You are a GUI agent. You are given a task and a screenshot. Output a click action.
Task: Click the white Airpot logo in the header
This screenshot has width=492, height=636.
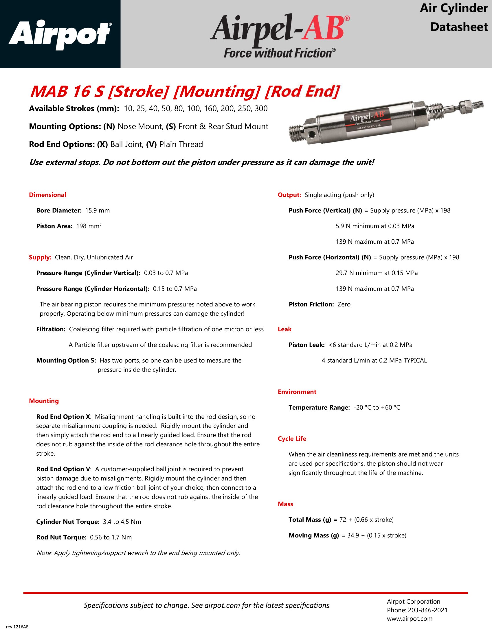coord(60,34)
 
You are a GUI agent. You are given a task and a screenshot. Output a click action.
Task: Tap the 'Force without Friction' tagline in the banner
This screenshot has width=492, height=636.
coord(280,53)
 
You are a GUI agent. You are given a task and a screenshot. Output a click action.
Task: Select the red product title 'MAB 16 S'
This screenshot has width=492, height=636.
coord(67,91)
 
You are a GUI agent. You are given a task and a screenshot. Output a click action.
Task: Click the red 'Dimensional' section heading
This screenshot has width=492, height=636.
coord(47,195)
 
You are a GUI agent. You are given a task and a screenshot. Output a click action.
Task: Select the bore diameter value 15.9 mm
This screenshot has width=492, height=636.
coord(97,210)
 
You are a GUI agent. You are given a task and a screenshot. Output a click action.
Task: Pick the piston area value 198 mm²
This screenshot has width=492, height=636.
coord(89,226)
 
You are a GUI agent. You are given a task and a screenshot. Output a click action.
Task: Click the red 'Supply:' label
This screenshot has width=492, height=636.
coord(40,257)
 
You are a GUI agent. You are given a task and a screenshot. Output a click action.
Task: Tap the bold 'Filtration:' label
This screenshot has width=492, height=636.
coord(51,329)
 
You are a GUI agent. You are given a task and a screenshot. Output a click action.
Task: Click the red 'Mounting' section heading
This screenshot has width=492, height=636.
coord(44,401)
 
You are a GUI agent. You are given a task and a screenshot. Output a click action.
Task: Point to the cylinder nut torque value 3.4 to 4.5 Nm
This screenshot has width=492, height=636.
coord(122,522)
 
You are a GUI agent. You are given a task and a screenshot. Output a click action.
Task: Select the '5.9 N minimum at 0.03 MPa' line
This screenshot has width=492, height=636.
coord(375,226)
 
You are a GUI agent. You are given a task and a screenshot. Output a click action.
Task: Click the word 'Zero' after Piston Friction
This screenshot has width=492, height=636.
coord(344,304)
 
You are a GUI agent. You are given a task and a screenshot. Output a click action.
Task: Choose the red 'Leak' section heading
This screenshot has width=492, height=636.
coord(284,329)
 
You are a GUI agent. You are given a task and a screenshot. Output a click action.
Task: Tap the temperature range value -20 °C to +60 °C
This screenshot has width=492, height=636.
coord(377,407)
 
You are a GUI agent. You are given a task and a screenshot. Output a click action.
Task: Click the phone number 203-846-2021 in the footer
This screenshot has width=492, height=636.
coord(427,610)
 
